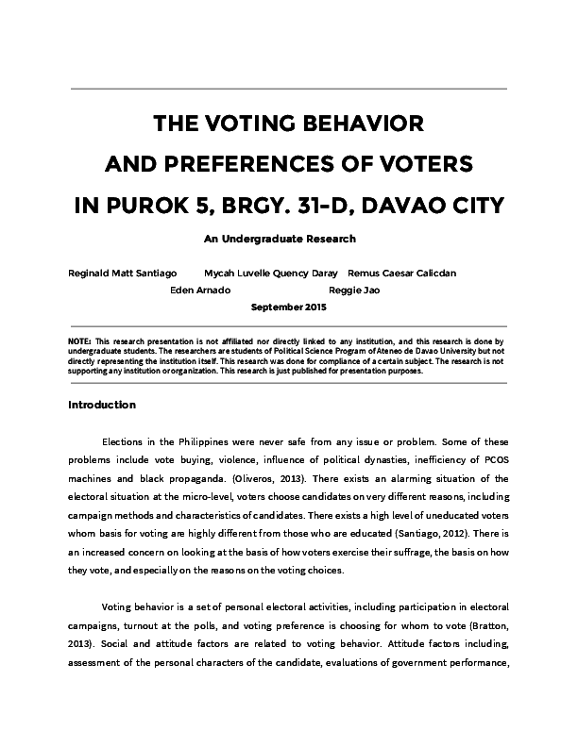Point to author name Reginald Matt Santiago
pos(123,273)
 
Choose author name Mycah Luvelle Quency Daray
pos(264,273)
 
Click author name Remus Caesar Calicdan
pos(402,273)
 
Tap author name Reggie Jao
pos(354,290)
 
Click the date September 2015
pos(289,307)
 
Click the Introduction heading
pos(103,406)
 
